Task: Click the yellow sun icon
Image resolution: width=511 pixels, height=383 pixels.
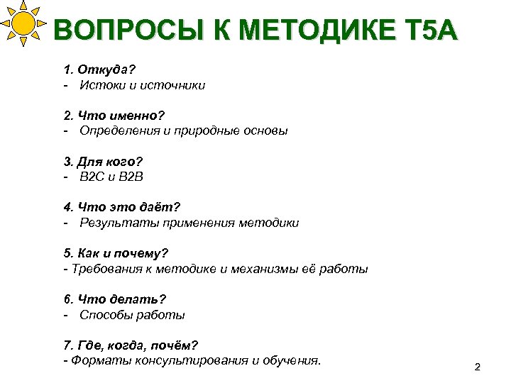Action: tap(23, 23)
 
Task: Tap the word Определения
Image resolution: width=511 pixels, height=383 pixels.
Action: tap(114, 131)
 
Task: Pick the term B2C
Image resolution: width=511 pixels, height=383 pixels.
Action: tap(93, 177)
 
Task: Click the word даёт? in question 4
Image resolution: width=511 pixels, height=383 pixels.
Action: tap(160, 207)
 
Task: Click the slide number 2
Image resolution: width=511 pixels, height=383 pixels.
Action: tap(477, 367)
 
